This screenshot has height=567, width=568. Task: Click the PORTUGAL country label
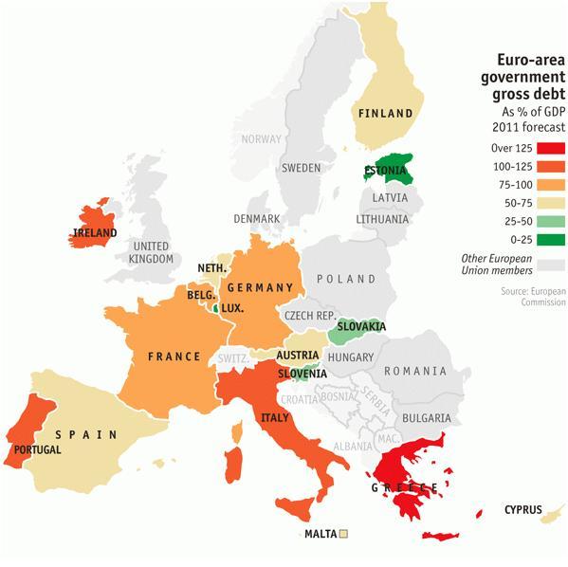point(34,449)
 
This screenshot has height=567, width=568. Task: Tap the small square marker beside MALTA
point(343,534)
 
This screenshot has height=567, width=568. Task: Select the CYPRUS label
point(522,510)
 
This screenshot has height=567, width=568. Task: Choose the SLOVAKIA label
point(360,327)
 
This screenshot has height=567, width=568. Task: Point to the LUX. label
point(232,308)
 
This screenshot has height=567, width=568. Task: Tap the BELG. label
point(200,296)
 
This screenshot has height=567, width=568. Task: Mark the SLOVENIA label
point(302,374)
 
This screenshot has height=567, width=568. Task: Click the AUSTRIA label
point(297,356)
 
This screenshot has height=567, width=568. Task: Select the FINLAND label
point(384,114)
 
